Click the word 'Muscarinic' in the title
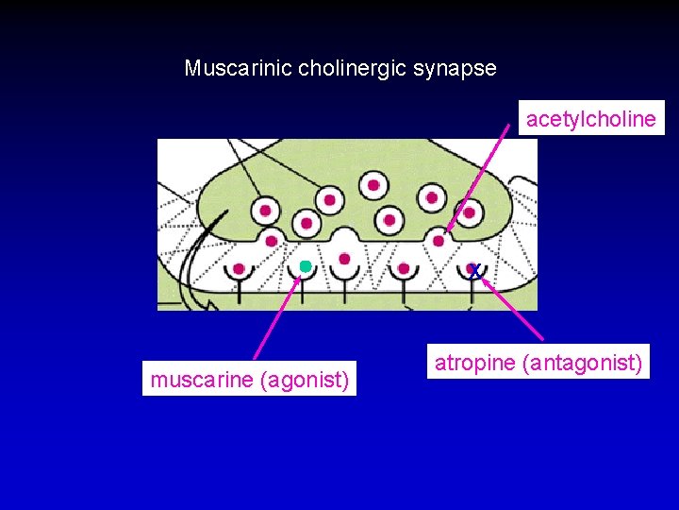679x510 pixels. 238,68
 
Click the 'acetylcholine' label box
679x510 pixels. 590,119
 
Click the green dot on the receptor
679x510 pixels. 305,267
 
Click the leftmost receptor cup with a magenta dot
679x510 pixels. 239,269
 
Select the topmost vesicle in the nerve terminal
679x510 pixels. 373,184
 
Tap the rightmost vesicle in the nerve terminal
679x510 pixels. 469,212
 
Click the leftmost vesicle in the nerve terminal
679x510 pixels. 265,210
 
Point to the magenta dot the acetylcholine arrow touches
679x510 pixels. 439,241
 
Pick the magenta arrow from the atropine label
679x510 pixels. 514,308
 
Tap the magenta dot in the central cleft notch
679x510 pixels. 344,259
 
